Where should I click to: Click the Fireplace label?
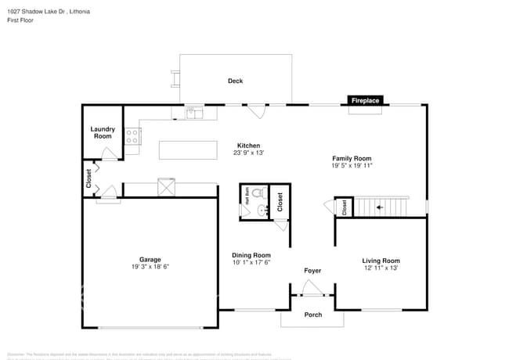pos(365,101)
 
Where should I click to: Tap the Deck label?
pos(235,81)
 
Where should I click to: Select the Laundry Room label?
pos(103,133)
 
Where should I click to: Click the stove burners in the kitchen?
pos(132,138)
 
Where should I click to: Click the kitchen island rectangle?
pos(188,149)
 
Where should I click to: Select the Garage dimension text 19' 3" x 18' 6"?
pos(150,267)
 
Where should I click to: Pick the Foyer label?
pos(312,271)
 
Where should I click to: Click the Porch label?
pos(312,315)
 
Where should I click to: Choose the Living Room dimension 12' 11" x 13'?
pos(381,268)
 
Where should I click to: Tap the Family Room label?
pos(351,158)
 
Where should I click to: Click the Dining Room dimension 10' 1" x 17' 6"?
pos(251,262)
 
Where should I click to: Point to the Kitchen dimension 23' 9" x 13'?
pos(248,153)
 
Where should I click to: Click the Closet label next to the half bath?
pos(280,202)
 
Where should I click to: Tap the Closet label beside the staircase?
pos(344,207)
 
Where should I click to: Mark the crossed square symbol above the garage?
pos(166,186)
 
